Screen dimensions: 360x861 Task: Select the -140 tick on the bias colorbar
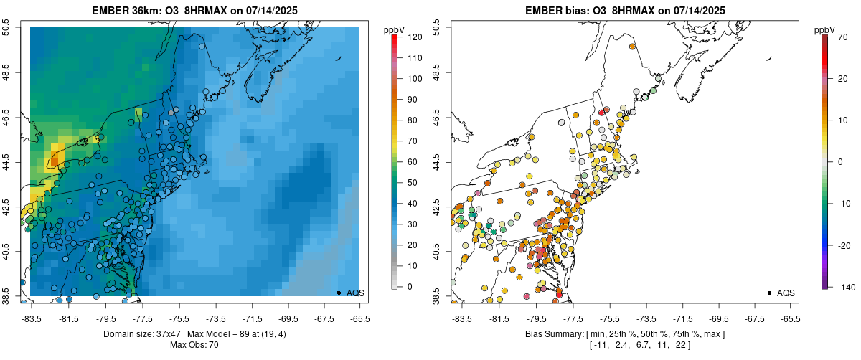tap(844, 287)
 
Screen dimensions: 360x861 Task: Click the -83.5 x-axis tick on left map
tap(32, 318)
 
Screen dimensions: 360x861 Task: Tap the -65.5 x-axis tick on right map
tap(790, 318)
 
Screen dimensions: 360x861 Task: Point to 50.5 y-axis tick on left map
tap(9, 27)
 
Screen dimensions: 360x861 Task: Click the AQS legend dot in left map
tap(338, 293)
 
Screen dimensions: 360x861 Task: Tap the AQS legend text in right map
tap(786, 293)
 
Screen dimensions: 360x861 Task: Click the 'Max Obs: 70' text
tap(194, 345)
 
